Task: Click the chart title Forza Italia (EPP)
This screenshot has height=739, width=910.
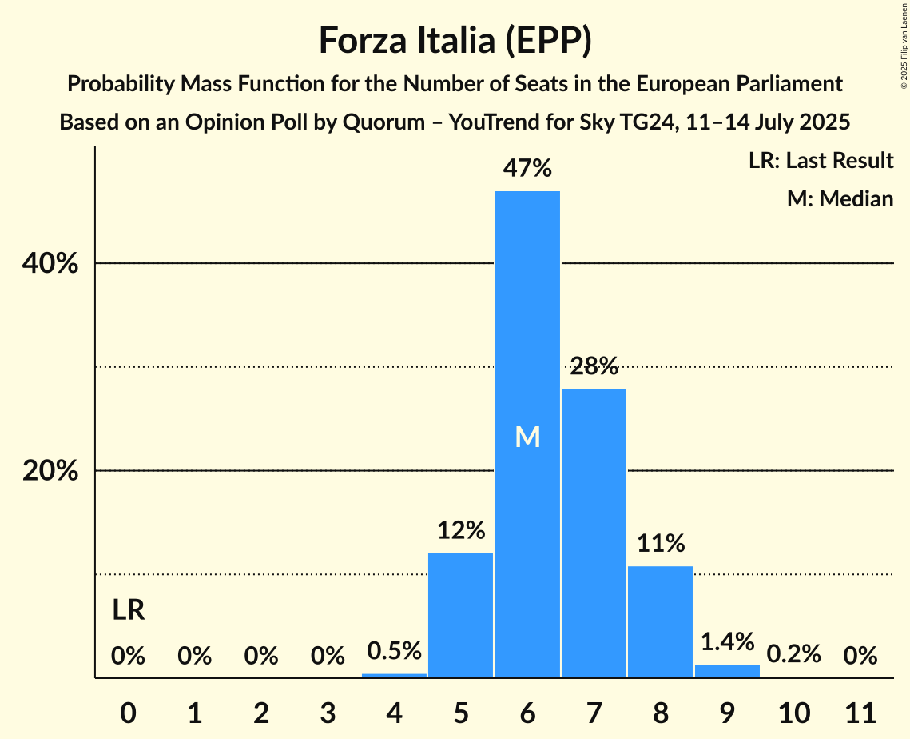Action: click(x=455, y=41)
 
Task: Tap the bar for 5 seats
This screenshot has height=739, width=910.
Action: click(x=461, y=615)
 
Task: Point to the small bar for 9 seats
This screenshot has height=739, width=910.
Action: click(x=727, y=671)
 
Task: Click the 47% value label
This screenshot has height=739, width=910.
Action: click(x=527, y=169)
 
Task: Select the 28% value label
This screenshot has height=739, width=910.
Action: click(x=594, y=366)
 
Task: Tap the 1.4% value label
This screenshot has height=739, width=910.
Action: click(x=727, y=641)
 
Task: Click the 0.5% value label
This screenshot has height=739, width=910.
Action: click(x=394, y=651)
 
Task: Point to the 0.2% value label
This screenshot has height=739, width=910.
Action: click(x=793, y=654)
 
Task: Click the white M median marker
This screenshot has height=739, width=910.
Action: click(x=527, y=437)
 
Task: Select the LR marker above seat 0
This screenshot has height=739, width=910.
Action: click(x=128, y=610)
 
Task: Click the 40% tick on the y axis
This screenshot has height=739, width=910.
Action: click(x=50, y=263)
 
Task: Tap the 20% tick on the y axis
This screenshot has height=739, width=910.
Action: click(x=50, y=471)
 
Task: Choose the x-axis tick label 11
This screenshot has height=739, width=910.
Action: click(x=860, y=709)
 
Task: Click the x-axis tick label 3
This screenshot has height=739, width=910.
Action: click(x=328, y=709)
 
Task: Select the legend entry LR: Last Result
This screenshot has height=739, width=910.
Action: click(x=821, y=161)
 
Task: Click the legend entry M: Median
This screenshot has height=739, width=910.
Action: click(x=840, y=198)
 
